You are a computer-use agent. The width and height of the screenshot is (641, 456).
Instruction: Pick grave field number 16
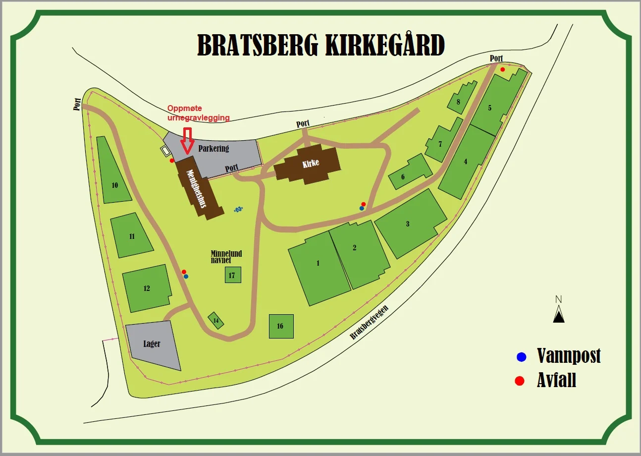point(281,326)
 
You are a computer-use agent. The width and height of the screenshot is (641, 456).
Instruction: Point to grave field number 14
point(216,321)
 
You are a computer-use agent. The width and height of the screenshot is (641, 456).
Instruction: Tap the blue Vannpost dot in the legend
point(521,356)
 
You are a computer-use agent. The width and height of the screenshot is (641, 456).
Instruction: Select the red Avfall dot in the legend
point(520,381)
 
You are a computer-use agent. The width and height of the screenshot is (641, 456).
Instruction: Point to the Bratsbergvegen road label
point(369,322)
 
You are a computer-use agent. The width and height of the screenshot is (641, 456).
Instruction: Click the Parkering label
point(214,148)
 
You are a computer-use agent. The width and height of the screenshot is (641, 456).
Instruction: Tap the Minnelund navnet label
point(226,256)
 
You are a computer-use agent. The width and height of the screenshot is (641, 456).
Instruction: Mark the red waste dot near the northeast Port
point(502,69)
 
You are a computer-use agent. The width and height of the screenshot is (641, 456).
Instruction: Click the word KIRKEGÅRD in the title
point(384,46)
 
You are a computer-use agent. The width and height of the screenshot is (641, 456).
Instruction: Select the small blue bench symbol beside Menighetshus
point(238,209)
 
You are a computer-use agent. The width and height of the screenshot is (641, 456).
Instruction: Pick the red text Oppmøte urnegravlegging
point(198,113)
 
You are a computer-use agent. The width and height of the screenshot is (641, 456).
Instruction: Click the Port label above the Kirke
point(303,123)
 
